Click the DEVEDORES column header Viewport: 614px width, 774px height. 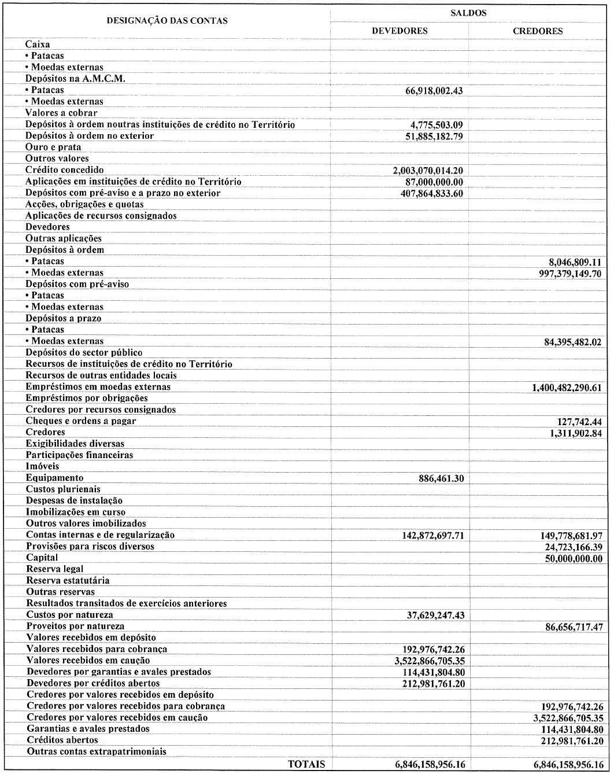tap(400, 31)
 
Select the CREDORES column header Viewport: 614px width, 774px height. tap(538, 31)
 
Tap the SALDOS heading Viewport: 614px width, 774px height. tap(468, 12)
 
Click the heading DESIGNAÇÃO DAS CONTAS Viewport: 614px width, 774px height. tap(167, 20)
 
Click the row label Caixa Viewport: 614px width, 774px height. tap(38, 44)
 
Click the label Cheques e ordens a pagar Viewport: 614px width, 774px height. tap(81, 421)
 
